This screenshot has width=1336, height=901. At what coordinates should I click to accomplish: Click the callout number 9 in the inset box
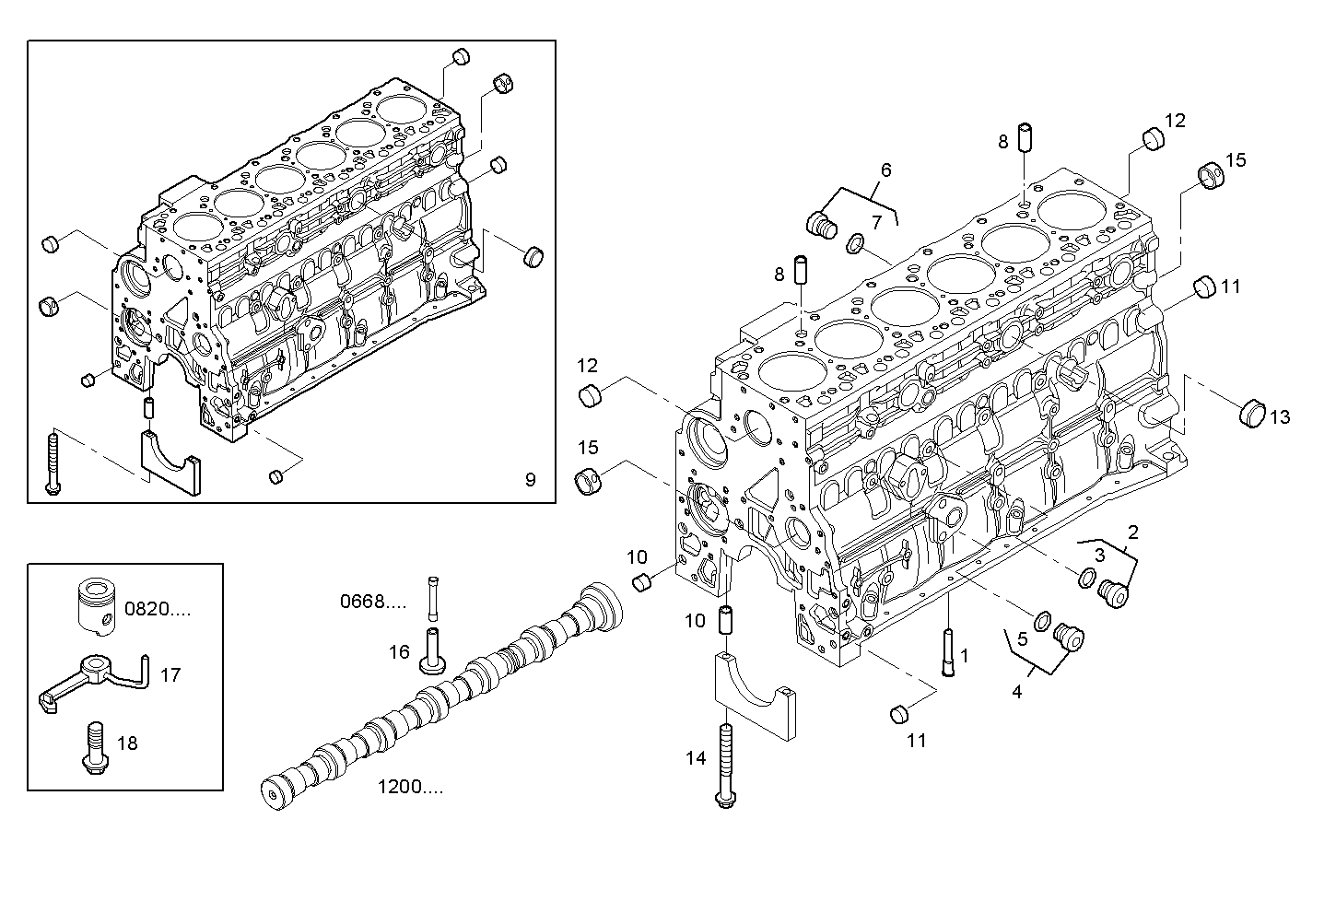(x=530, y=479)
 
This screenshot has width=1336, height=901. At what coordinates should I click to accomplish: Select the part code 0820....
(x=158, y=608)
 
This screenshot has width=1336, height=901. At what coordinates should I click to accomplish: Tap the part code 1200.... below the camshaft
(x=410, y=787)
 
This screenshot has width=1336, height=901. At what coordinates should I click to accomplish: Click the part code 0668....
(x=372, y=603)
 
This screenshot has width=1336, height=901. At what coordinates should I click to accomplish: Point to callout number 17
(x=170, y=674)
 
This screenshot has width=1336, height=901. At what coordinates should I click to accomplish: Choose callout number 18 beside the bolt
(x=127, y=742)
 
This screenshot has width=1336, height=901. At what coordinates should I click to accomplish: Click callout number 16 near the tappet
(x=398, y=652)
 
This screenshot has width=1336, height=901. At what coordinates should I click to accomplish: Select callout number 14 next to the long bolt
(x=695, y=758)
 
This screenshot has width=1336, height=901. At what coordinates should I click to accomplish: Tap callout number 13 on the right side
(x=1280, y=417)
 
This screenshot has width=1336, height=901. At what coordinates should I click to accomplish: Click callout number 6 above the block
(x=885, y=170)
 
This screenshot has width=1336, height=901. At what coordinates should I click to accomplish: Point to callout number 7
(x=876, y=221)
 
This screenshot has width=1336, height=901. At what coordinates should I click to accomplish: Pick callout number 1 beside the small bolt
(x=964, y=656)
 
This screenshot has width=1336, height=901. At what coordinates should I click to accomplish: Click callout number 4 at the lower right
(x=1016, y=692)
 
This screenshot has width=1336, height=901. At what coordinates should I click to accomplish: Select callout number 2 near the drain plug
(x=1132, y=532)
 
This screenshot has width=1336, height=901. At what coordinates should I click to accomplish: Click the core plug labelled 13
(x=1250, y=413)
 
